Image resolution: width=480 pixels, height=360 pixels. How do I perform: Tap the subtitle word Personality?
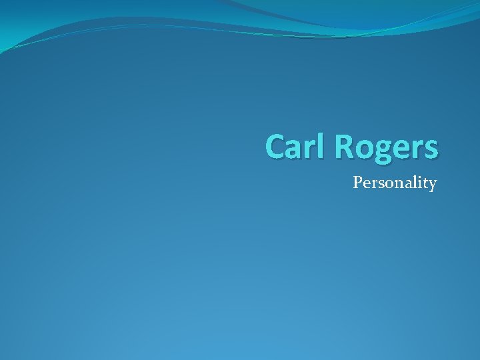[x=395, y=183]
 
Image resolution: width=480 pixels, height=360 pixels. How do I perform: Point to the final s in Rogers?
[x=430, y=149]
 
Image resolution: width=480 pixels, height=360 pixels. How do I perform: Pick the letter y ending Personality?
[x=432, y=185]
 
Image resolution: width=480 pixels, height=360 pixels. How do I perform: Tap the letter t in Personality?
[x=425, y=183]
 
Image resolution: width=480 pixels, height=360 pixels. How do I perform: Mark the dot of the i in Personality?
[x=419, y=177]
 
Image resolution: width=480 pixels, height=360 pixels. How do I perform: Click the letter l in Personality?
[x=413, y=181]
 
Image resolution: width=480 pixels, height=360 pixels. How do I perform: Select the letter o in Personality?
[x=386, y=183]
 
